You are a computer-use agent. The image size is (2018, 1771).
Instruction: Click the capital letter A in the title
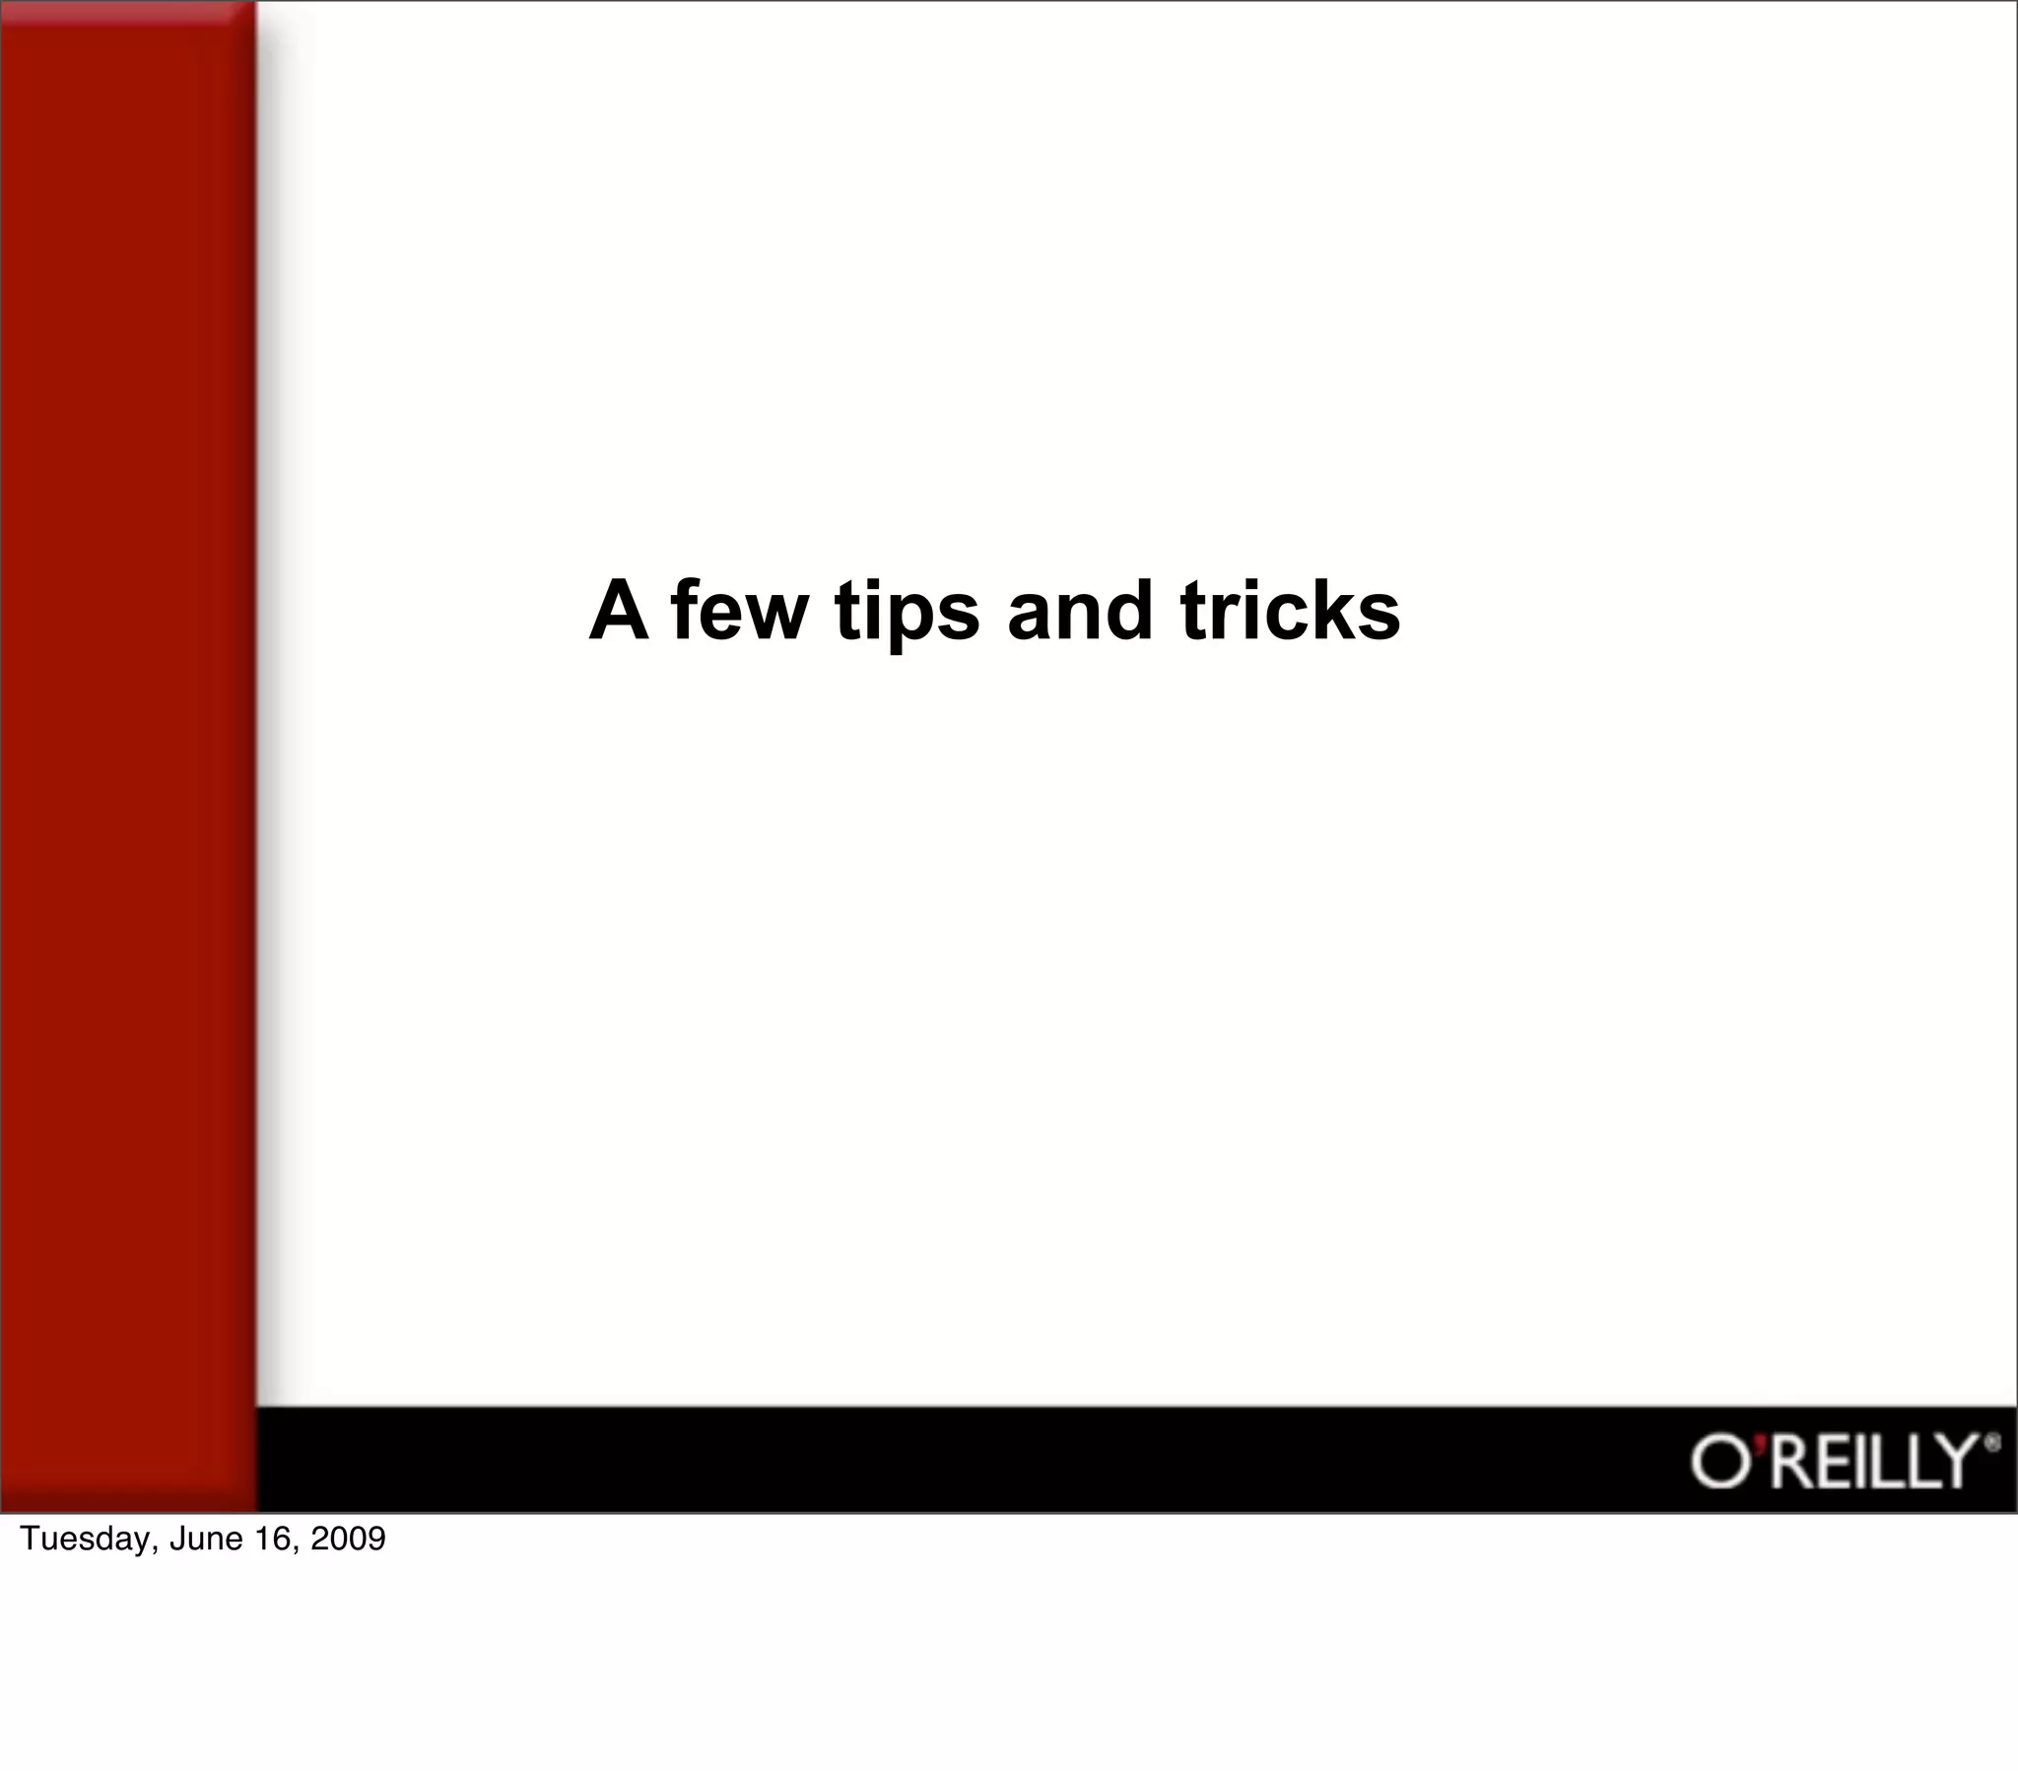click(619, 611)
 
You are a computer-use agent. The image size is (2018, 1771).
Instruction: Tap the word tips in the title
click(908, 613)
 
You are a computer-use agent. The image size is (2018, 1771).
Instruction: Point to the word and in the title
click(1080, 611)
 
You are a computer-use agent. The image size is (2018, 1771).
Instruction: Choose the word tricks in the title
click(1290, 611)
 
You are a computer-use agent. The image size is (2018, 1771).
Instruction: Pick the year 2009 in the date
click(348, 1539)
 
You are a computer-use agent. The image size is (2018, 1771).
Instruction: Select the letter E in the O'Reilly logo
click(1832, 1462)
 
